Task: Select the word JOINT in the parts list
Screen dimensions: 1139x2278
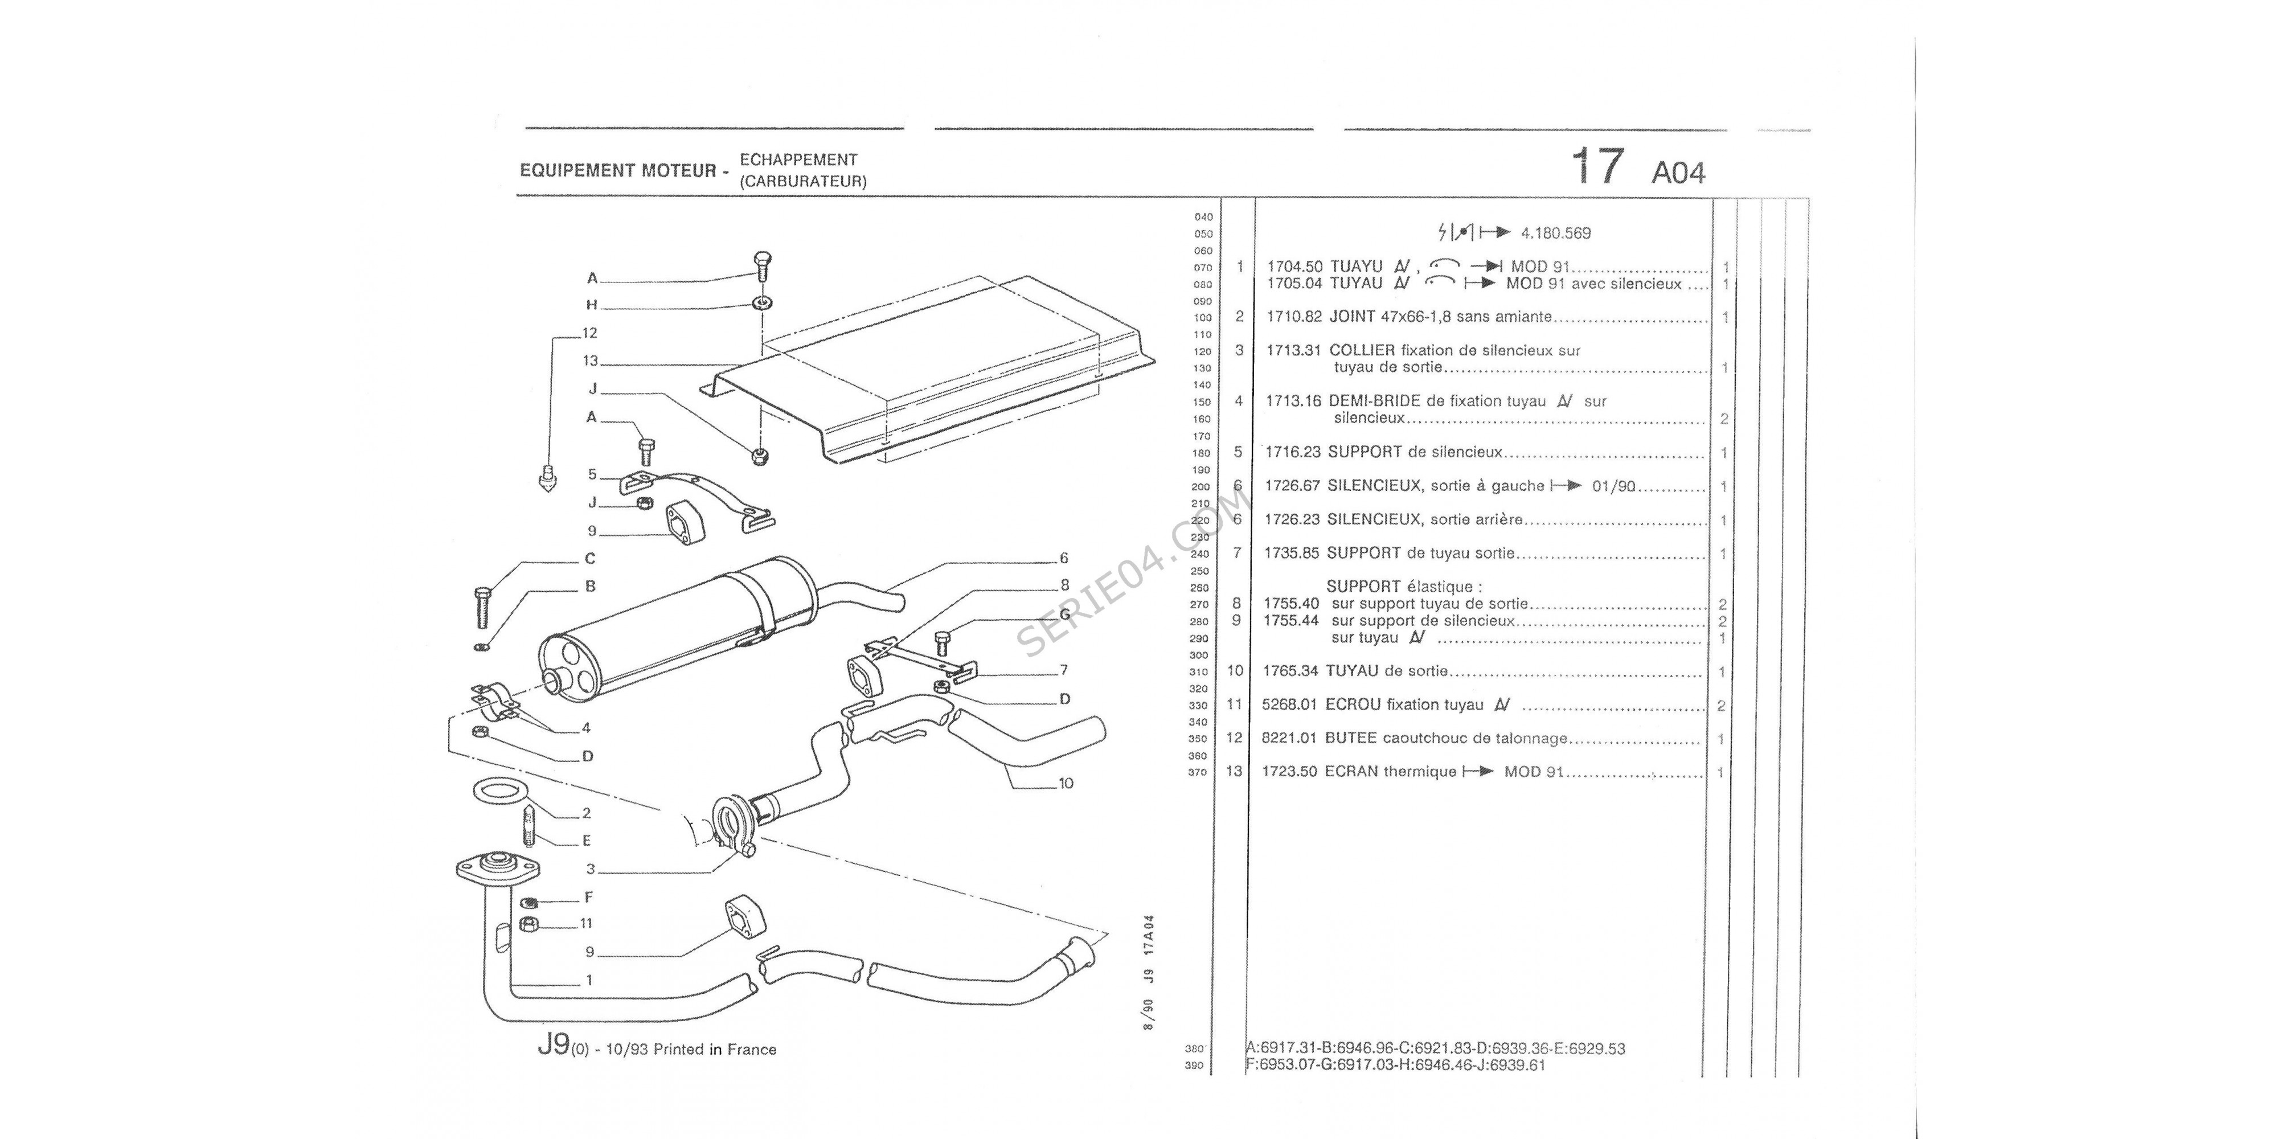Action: pos(1352,317)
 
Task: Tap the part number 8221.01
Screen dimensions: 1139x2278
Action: pos(1289,739)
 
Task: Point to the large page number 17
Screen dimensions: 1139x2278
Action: pos(1597,166)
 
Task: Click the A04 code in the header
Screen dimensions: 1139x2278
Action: pos(1678,173)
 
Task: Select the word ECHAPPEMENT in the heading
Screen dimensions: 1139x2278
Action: pos(798,160)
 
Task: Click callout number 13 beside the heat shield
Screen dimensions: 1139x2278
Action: pos(590,361)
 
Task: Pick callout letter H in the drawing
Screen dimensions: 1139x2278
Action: pos(592,305)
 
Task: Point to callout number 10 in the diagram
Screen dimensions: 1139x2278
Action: pos(1066,784)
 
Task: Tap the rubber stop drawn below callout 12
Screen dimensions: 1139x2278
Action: pos(547,478)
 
